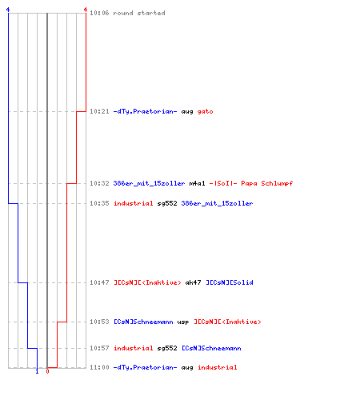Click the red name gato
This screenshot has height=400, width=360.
coord(205,111)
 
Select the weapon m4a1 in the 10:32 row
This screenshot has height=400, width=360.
coord(197,183)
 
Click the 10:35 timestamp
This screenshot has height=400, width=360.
coord(99,203)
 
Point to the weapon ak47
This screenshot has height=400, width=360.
coord(193,282)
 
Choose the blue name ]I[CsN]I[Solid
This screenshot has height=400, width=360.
coord(230,282)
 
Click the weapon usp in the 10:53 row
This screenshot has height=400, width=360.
coord(183,322)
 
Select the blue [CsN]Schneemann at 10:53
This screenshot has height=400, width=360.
coord(143,322)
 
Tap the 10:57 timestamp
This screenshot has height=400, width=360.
coord(99,348)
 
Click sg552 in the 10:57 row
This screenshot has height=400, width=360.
coord(167,348)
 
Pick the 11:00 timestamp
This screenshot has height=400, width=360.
coord(99,367)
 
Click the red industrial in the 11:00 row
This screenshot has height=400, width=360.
coord(217,367)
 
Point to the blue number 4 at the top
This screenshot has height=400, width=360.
coord(8,10)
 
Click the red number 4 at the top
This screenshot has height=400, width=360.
coord(86,10)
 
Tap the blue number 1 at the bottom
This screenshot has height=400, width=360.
coord(37,371)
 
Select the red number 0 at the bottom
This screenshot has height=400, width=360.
coord(47,371)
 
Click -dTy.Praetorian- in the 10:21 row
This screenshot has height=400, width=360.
coord(145,111)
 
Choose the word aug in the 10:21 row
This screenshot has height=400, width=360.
coord(187,112)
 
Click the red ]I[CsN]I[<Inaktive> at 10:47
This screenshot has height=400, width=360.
coord(147,282)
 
